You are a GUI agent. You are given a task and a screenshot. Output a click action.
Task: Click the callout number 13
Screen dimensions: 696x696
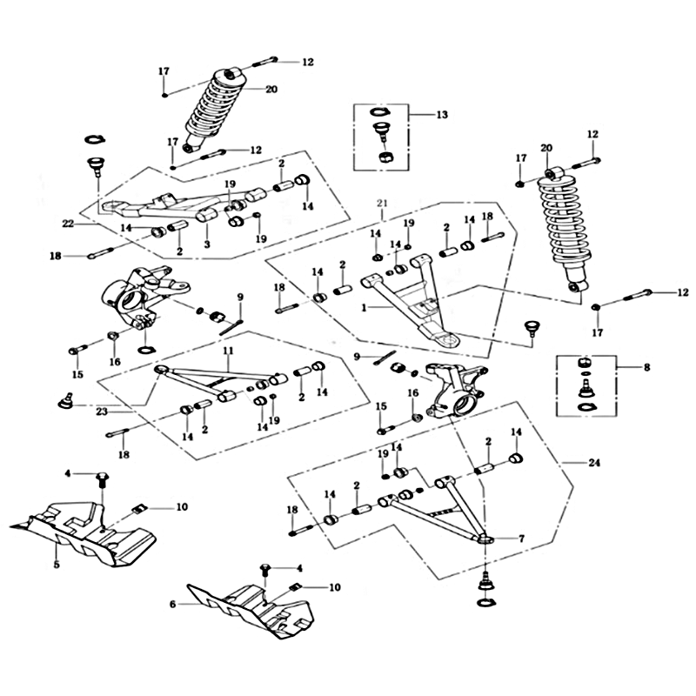pos(442,115)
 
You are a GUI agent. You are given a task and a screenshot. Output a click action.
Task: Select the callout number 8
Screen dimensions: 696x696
pos(646,369)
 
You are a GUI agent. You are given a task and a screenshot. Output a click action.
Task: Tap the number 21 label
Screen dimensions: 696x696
pos(380,203)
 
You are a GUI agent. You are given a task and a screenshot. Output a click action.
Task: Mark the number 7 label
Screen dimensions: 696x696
pos(522,539)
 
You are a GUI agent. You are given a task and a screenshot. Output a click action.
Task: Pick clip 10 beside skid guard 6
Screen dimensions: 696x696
pos(294,587)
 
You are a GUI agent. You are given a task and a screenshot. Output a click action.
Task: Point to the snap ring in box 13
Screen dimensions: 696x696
pos(381,111)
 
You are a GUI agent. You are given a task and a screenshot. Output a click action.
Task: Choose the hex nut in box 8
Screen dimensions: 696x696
pos(586,359)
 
